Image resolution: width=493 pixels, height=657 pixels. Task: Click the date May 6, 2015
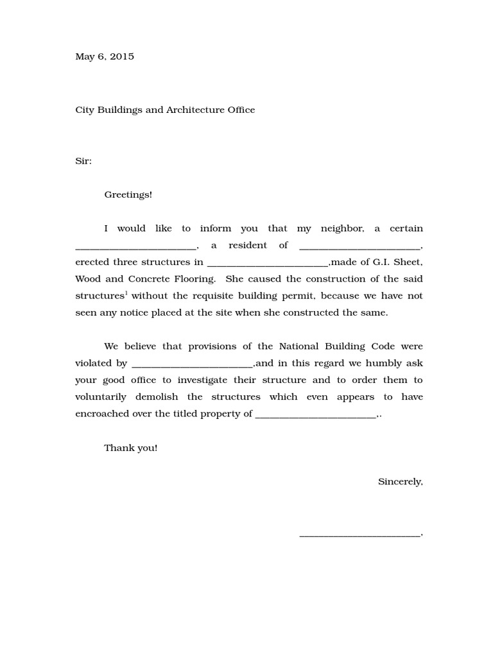pyautogui.click(x=105, y=56)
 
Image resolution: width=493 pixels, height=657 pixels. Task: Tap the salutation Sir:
pyautogui.click(x=83, y=161)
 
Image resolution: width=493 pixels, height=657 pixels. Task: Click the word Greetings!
pyautogui.click(x=128, y=194)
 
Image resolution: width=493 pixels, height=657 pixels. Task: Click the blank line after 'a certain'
pyautogui.click(x=136, y=247)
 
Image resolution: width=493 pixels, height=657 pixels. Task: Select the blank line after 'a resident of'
pyautogui.click(x=360, y=247)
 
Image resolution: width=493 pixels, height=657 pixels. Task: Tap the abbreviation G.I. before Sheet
pyautogui.click(x=386, y=262)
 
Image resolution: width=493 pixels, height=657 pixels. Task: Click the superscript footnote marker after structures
pyautogui.click(x=126, y=293)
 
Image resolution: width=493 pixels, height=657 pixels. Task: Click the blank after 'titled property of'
pyautogui.click(x=315, y=415)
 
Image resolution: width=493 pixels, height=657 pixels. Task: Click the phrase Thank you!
pyautogui.click(x=131, y=448)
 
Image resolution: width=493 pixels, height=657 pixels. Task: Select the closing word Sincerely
pyautogui.click(x=400, y=481)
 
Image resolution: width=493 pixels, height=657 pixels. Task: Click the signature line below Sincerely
pyautogui.click(x=360, y=534)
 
